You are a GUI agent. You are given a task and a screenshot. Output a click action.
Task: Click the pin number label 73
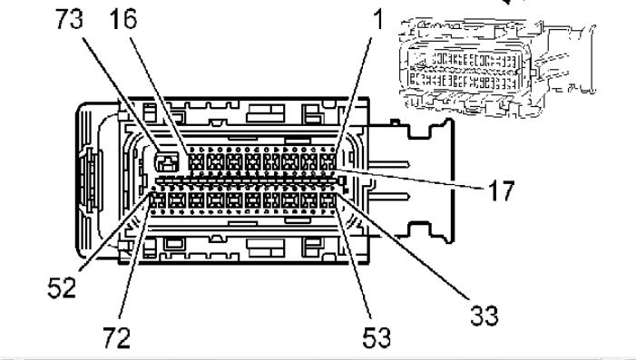click(69, 19)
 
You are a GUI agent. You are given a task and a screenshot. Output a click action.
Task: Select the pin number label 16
click(123, 19)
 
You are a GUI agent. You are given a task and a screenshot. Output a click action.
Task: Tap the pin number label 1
click(378, 19)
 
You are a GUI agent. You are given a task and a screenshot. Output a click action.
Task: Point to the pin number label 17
click(502, 190)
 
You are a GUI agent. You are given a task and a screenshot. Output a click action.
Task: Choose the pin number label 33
click(484, 315)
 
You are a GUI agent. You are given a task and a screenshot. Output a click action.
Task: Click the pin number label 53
click(377, 337)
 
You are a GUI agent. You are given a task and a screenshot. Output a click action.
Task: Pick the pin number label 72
click(116, 337)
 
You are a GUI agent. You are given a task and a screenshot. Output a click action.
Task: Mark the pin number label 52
click(62, 287)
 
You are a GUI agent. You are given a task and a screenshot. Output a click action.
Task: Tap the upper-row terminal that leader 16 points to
click(196, 162)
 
